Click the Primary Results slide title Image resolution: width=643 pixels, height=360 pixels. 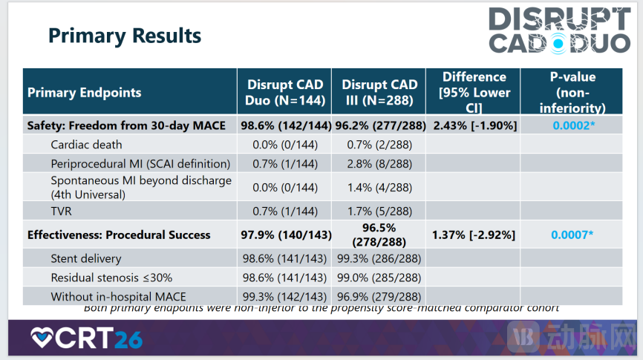coord(125,35)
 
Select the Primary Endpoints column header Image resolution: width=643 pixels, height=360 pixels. coord(85,93)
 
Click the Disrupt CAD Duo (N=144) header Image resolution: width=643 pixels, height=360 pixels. coord(284,93)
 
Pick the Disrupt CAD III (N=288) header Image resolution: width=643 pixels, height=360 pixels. coord(379,93)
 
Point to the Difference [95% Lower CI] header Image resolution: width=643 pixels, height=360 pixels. coord(474,93)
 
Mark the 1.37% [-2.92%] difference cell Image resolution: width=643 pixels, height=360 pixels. coord(474,235)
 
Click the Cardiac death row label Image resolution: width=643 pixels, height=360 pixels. coord(86,144)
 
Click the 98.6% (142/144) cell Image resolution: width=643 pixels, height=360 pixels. coord(284,125)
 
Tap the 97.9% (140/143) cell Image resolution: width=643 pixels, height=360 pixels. coord(284,235)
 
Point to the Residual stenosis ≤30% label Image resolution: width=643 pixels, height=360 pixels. coord(111,278)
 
